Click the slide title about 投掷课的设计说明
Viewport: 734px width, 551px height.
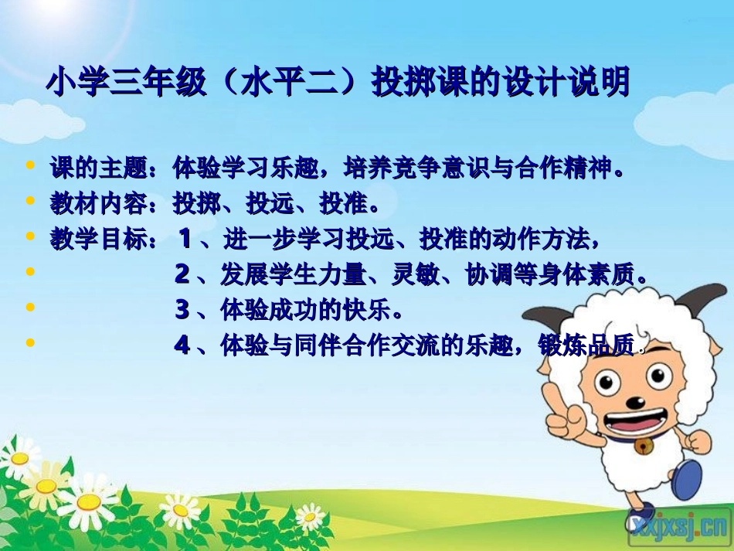(338, 83)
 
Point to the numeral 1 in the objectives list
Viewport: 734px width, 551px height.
(185, 239)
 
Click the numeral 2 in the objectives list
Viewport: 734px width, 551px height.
(182, 274)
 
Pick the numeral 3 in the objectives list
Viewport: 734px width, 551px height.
(182, 310)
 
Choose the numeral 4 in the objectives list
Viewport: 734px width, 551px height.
(182, 345)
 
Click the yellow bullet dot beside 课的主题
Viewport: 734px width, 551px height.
(30, 165)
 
